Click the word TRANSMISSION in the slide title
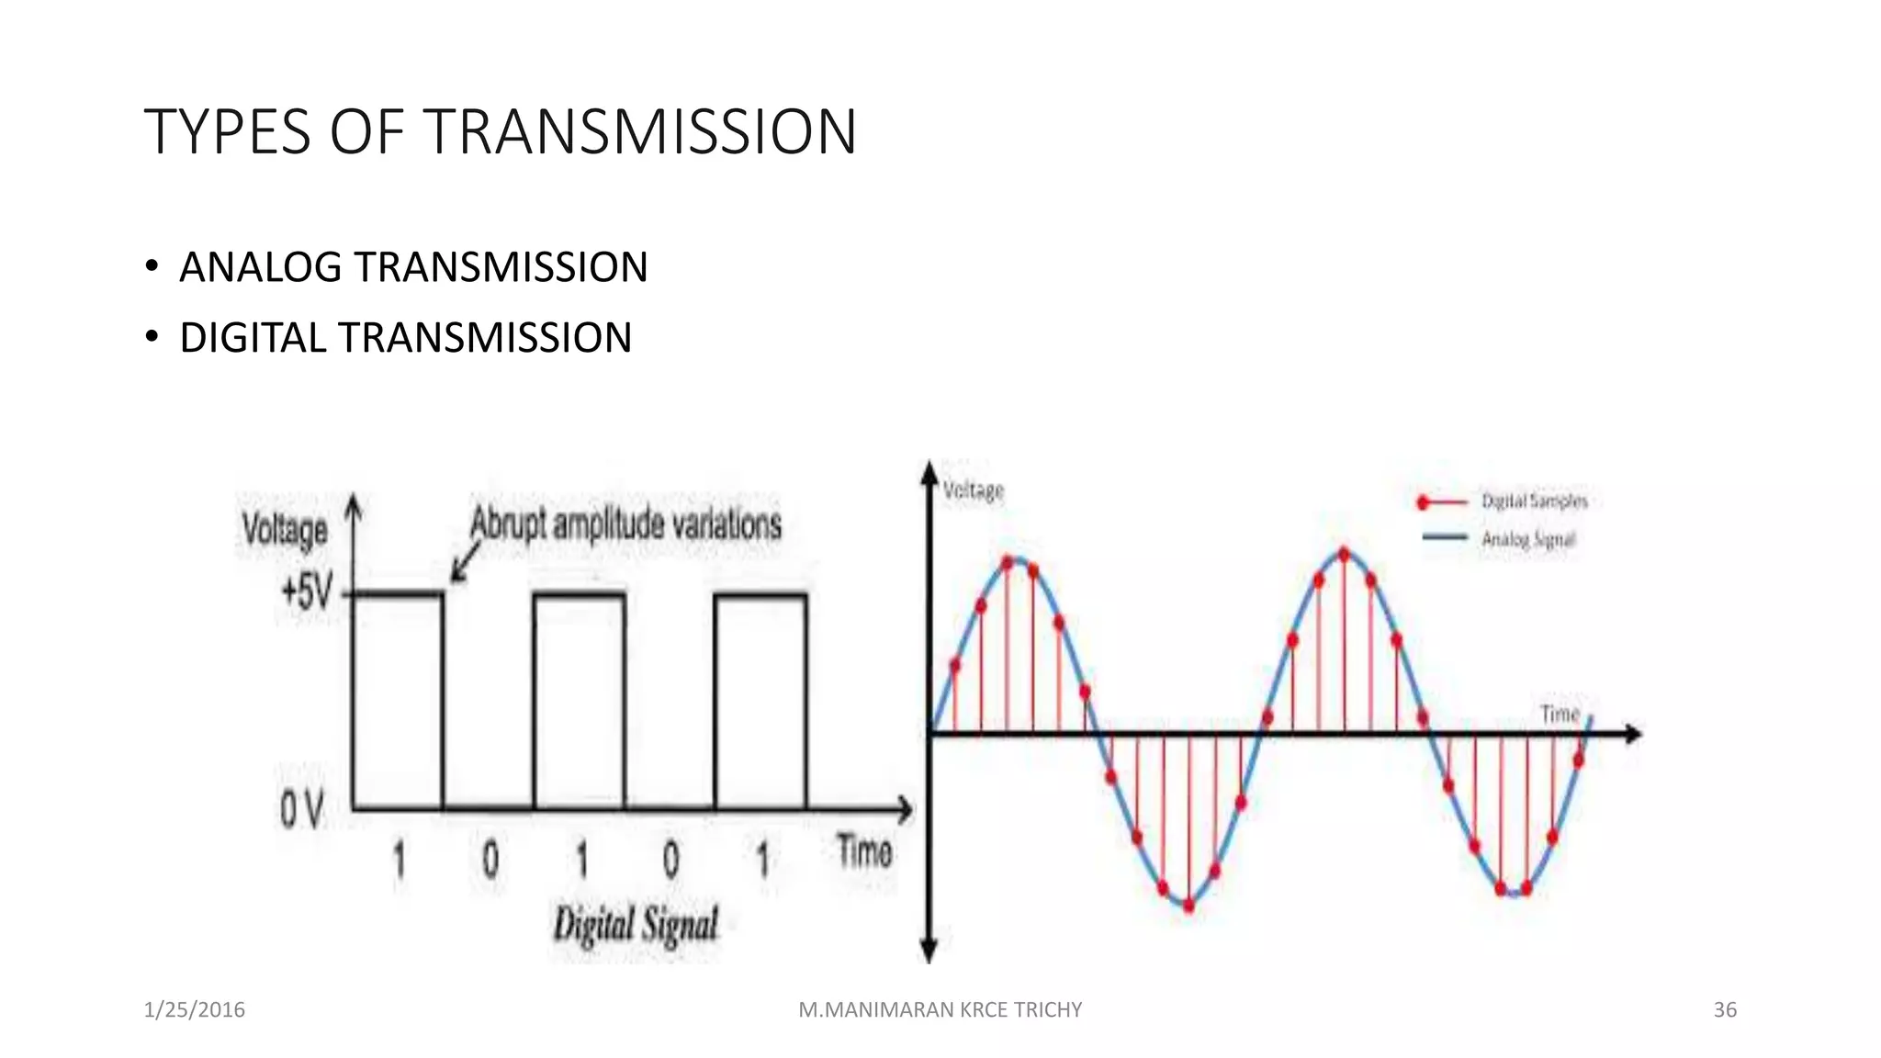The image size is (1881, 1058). (x=641, y=132)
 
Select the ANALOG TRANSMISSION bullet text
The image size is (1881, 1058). (x=413, y=267)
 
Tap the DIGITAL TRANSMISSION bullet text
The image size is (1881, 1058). (x=405, y=338)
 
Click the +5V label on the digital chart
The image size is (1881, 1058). (x=306, y=591)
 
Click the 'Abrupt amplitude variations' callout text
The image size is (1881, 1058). (x=625, y=524)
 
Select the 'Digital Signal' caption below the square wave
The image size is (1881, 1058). (x=636, y=924)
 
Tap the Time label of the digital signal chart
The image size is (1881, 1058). (x=863, y=851)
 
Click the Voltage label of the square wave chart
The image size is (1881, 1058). (x=285, y=531)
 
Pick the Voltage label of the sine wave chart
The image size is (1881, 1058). (x=974, y=491)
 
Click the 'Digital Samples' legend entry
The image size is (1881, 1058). (x=1534, y=501)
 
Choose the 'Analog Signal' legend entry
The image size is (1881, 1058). (x=1528, y=539)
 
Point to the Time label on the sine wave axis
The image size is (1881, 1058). (x=1560, y=714)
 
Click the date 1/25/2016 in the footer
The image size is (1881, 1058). (x=195, y=1010)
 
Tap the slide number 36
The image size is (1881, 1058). (x=1725, y=1010)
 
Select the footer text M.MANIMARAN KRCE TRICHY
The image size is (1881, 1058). (x=940, y=1010)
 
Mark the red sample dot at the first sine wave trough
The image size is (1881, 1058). (x=1188, y=906)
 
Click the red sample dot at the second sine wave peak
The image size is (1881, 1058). (x=1345, y=555)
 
